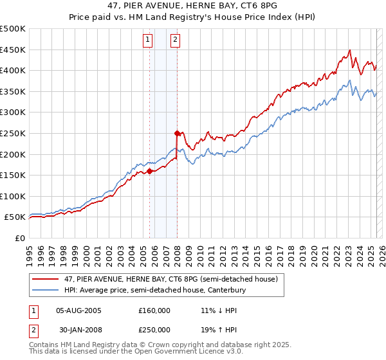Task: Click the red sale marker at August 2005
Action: click(149, 171)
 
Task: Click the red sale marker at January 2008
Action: click(177, 133)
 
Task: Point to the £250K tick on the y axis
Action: click(14, 133)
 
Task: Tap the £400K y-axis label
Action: click(14, 70)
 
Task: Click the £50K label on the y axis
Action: click(16, 217)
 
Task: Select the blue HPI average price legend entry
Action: click(154, 291)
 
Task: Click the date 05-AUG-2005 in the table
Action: click(79, 310)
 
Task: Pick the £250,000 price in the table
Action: click(154, 329)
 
